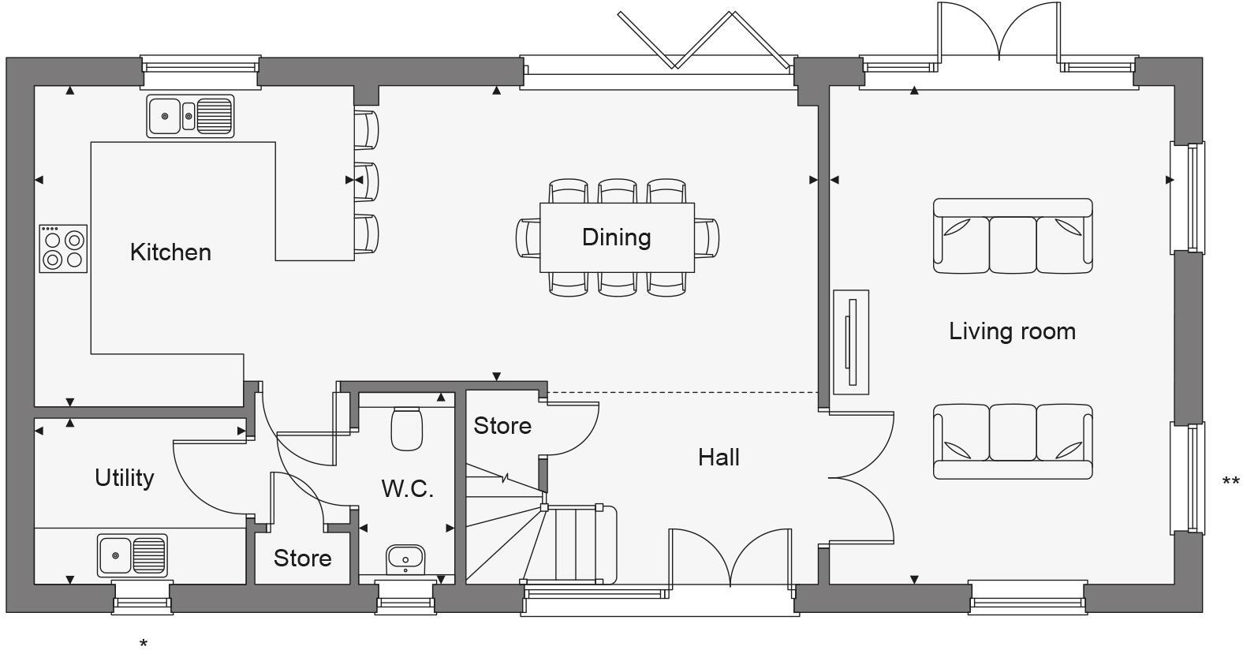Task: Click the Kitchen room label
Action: pyautogui.click(x=170, y=252)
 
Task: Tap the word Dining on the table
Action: pyautogui.click(x=616, y=237)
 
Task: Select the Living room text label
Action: pyautogui.click(x=1012, y=331)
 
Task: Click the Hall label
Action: pyautogui.click(x=719, y=458)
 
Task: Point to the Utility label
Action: pyautogui.click(x=124, y=478)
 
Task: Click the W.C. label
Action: pyautogui.click(x=407, y=489)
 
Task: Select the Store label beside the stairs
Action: pyautogui.click(x=502, y=426)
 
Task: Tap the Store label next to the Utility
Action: pyautogui.click(x=302, y=558)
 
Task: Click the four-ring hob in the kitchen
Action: pyautogui.click(x=64, y=248)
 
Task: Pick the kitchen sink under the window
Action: pyautogui.click(x=190, y=116)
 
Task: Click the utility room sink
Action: pyautogui.click(x=133, y=555)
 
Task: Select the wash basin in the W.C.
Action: pyautogui.click(x=405, y=559)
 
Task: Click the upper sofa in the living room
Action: pyautogui.click(x=1013, y=236)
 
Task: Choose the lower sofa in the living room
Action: pyautogui.click(x=1013, y=442)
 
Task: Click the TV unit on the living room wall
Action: pyautogui.click(x=851, y=342)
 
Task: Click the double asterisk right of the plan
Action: pyautogui.click(x=1230, y=481)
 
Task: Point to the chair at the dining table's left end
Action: pyautogui.click(x=528, y=237)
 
